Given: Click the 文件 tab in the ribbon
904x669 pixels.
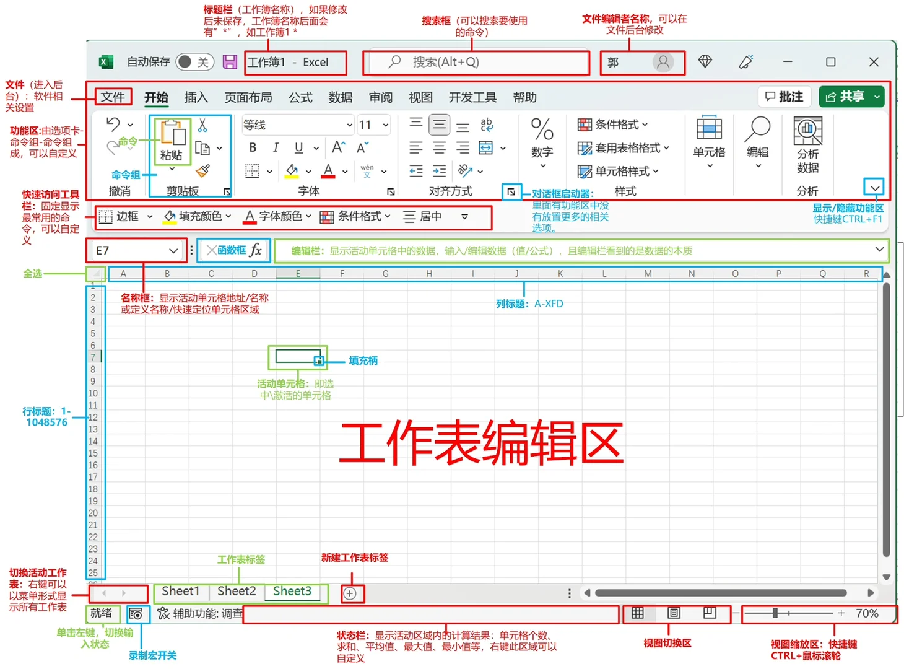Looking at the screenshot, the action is coord(113,97).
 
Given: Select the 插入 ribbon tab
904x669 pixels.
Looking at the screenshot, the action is coord(196,97).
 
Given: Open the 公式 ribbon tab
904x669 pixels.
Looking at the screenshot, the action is coord(300,97).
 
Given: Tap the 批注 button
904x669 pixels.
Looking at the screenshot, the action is coord(784,97).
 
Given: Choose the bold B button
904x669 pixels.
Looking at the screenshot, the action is coord(253,147).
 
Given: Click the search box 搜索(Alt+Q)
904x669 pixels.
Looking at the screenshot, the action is coord(477,62).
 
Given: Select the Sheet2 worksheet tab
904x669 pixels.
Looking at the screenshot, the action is coord(237,591).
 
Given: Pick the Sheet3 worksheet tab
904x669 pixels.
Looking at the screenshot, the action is coord(292,591).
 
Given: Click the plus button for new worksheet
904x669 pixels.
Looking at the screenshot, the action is coord(350,593).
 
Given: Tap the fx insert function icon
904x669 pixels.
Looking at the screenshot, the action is coord(256,250).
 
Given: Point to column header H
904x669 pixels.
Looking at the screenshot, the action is coord(429,273).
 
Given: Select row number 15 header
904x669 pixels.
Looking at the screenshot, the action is coord(93,453).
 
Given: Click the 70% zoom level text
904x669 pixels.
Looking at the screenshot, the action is coord(867,613).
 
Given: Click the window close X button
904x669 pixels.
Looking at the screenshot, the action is coord(874,62).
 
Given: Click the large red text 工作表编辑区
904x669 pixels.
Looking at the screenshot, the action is coord(481,442).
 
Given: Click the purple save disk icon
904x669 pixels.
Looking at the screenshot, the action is coord(230,62).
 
